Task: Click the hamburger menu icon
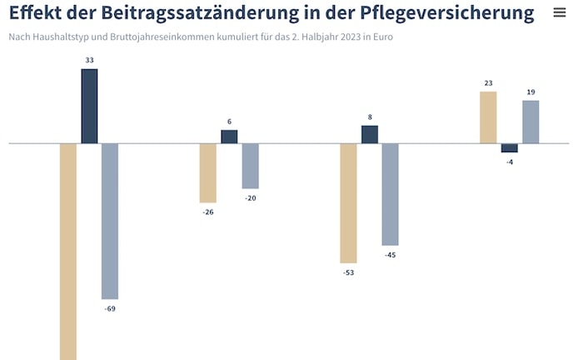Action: (x=560, y=13)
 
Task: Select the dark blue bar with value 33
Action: (x=89, y=106)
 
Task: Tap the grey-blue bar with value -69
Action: (x=110, y=221)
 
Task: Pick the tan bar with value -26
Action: (x=208, y=172)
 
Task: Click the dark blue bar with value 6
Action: (x=229, y=137)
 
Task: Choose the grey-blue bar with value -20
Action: (x=251, y=166)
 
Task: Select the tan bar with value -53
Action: (x=348, y=203)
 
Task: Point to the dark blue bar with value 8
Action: (x=370, y=134)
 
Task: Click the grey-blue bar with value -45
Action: (x=391, y=194)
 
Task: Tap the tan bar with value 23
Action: (x=488, y=117)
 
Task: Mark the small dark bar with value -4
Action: (x=510, y=147)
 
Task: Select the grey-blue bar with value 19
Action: (x=531, y=122)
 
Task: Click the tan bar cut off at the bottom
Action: (x=68, y=251)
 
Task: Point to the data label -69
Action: (x=110, y=309)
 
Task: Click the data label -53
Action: (x=348, y=272)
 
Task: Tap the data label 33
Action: (x=89, y=61)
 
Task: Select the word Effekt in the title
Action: (x=37, y=14)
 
